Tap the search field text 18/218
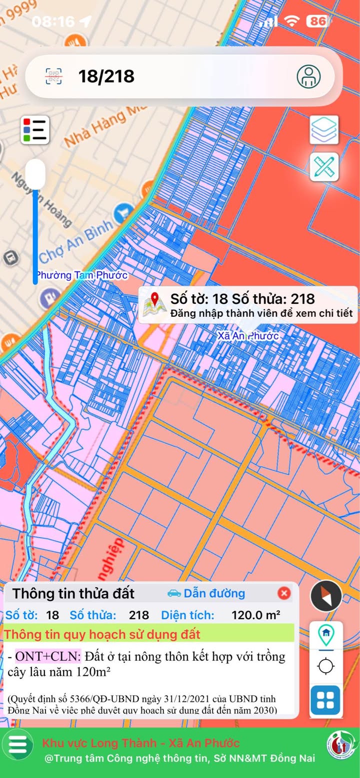[x=106, y=76]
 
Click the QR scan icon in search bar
[x=54, y=76]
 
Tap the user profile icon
[x=308, y=76]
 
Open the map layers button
[x=324, y=130]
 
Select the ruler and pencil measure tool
[x=324, y=167]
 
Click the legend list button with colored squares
[x=35, y=130]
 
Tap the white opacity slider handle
[x=35, y=173]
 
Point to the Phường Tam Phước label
[x=82, y=275]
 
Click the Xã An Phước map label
[x=248, y=336]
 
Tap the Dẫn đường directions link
[x=206, y=593]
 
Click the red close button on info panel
[x=284, y=593]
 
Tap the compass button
[x=326, y=596]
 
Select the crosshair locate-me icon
[x=326, y=666]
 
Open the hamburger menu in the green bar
[x=18, y=744]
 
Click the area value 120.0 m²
[x=255, y=615]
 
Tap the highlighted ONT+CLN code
[x=47, y=656]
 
